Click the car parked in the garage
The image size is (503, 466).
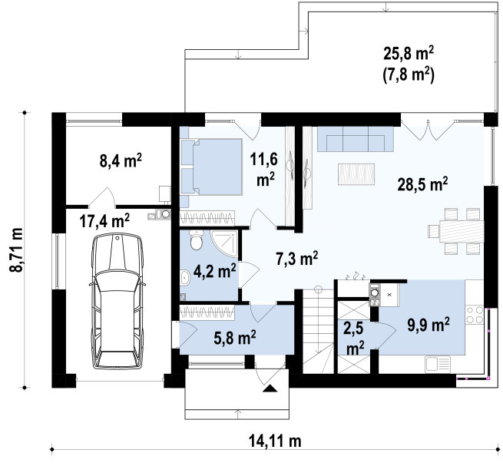click(117, 302)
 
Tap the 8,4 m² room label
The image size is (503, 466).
click(121, 160)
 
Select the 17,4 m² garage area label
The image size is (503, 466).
click(104, 220)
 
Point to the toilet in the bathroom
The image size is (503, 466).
click(196, 240)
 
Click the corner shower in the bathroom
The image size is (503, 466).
click(224, 243)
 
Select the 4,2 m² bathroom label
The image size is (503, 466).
click(214, 271)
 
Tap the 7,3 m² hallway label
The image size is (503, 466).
click(297, 258)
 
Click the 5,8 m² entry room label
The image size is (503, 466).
click(234, 338)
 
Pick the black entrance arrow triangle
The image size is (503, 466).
click(270, 388)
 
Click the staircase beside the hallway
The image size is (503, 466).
click(318, 330)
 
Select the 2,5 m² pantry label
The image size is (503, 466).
click(356, 339)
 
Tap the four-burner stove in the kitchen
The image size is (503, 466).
click(475, 315)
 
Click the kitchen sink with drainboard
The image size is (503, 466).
click(438, 365)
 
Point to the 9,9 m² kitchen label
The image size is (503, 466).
click(429, 325)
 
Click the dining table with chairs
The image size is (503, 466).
click(456, 231)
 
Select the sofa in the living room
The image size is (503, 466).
click(356, 139)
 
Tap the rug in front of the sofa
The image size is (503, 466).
click(356, 174)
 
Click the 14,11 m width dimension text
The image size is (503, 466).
click(275, 441)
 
